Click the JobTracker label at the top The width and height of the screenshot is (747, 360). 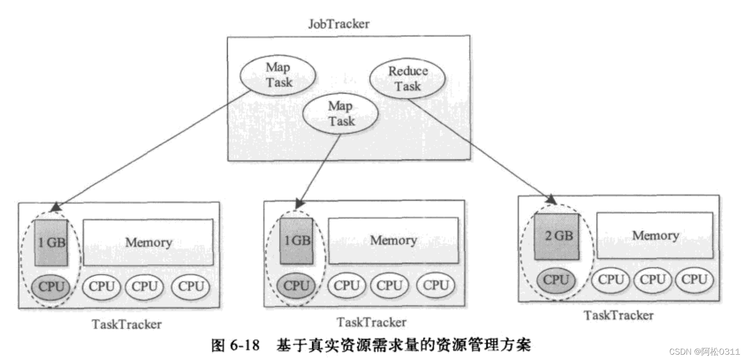pyautogui.click(x=339, y=24)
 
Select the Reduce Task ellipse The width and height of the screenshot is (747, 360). pyautogui.click(x=407, y=78)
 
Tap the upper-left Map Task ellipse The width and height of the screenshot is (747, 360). pyautogui.click(x=278, y=75)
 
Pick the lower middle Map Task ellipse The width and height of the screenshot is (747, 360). pyautogui.click(x=341, y=113)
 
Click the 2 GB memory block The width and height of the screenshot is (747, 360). pyautogui.click(x=557, y=236)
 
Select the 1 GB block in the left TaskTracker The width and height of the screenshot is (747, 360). pyautogui.click(x=52, y=243)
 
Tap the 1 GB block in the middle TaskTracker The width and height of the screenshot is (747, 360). pyautogui.click(x=297, y=241)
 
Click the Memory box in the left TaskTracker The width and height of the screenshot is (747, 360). pyautogui.click(x=148, y=243)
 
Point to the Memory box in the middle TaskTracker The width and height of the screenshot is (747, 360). pyautogui.click(x=393, y=240)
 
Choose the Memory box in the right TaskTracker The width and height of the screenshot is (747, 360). pyautogui.click(x=655, y=236)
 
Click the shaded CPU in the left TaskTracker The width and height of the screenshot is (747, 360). pyautogui.click(x=51, y=287)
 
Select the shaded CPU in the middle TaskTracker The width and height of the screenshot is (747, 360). pyautogui.click(x=296, y=285)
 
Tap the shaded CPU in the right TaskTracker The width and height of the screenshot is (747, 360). pyautogui.click(x=555, y=280)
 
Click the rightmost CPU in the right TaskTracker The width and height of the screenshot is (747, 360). pyautogui.click(x=694, y=280)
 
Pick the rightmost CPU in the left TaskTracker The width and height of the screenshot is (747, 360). pyautogui.click(x=191, y=287)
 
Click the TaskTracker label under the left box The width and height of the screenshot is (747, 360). pyautogui.click(x=127, y=324)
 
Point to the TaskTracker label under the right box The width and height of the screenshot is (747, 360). pyautogui.click(x=618, y=316)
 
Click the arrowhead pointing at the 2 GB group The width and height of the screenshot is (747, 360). pyautogui.click(x=551, y=200)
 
